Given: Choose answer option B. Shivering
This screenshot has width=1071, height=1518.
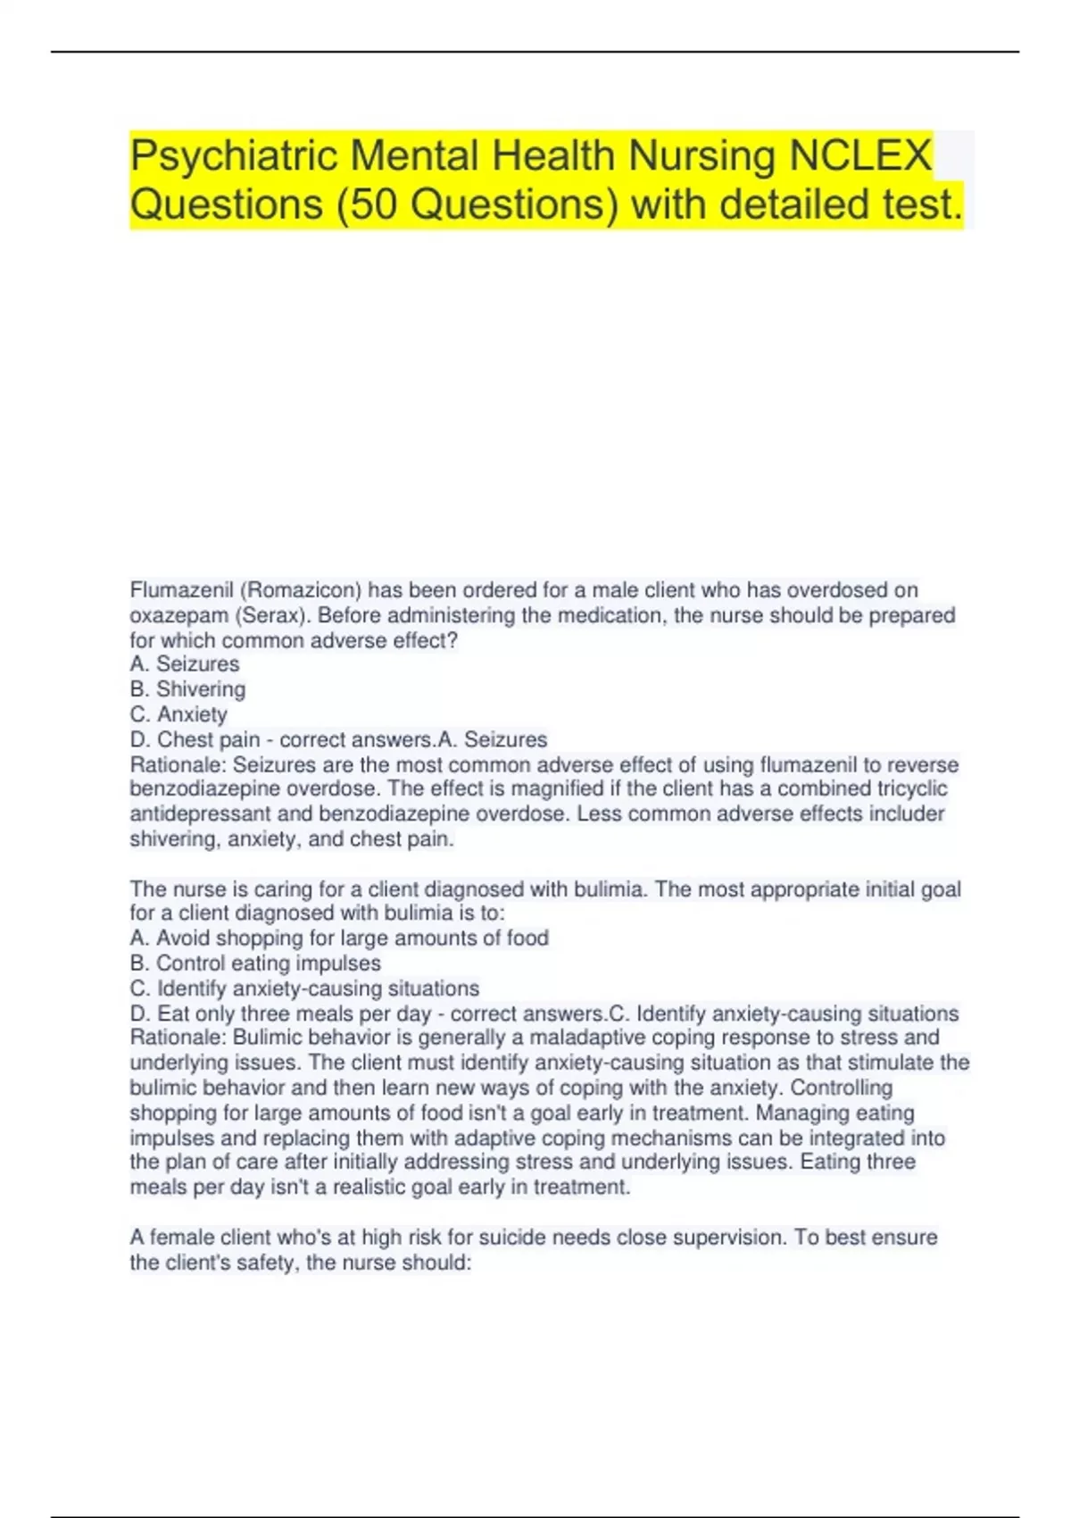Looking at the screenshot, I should (x=187, y=689).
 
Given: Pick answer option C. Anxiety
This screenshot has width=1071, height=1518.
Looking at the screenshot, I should (x=178, y=714).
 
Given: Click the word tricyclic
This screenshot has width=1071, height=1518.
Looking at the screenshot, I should (x=912, y=788).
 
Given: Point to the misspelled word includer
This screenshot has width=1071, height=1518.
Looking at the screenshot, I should (x=909, y=813).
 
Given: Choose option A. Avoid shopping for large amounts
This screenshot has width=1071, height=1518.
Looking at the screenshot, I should (x=339, y=938).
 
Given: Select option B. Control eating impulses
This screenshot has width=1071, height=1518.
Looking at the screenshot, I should (x=255, y=963).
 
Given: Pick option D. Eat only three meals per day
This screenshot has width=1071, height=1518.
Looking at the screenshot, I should (x=280, y=1013).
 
